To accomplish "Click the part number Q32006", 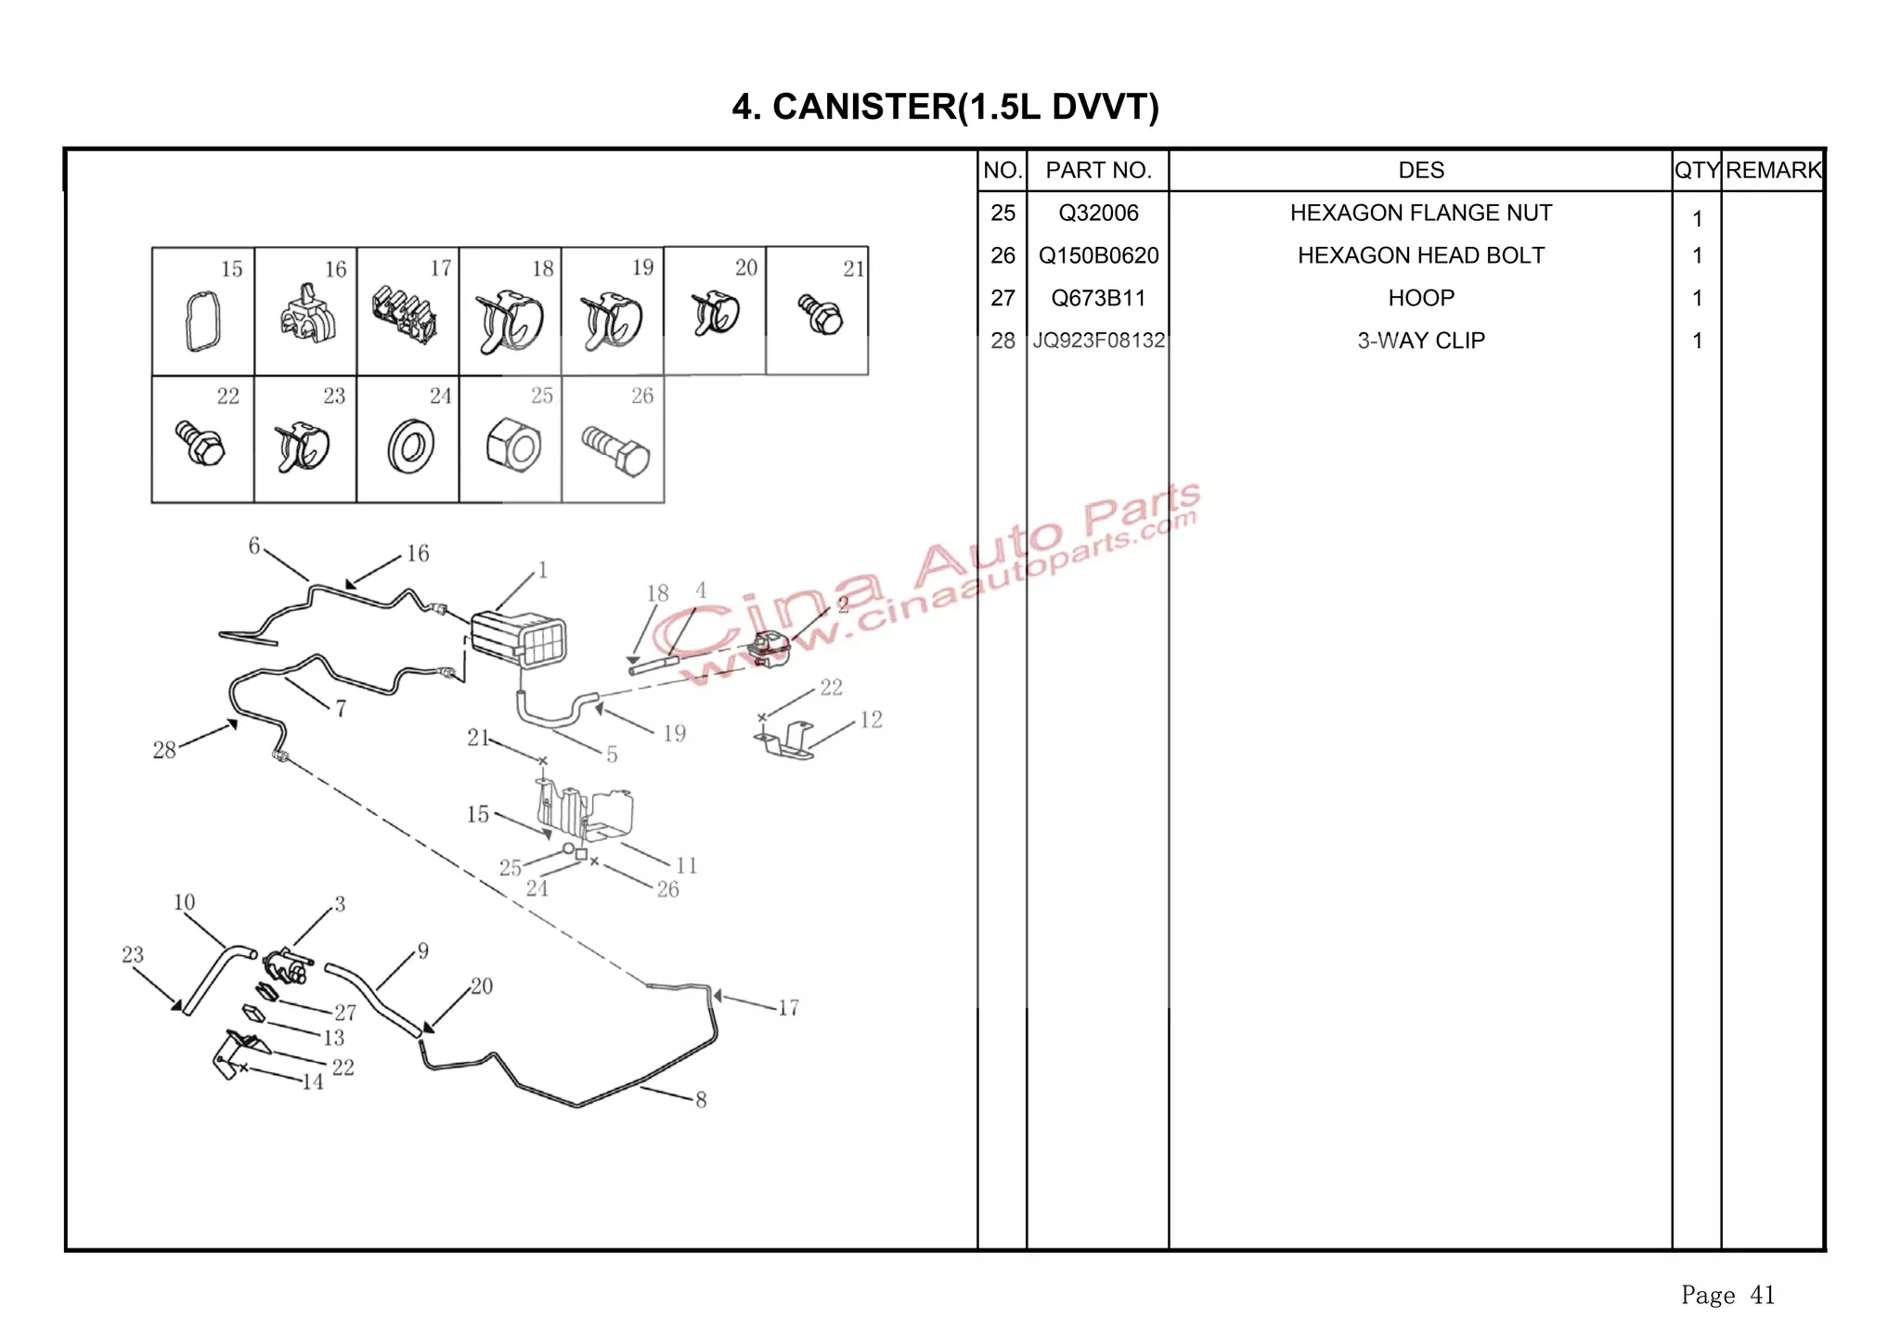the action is (x=1098, y=213).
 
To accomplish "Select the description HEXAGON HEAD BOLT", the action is (x=1420, y=256).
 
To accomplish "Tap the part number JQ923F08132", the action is (x=1098, y=341).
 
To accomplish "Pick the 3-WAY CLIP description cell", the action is (x=1420, y=341).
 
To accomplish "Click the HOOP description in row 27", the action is (x=1420, y=298).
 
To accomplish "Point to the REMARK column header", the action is (x=1773, y=171).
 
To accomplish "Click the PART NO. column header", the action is (x=1098, y=171).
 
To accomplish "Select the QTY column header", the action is (x=1696, y=171).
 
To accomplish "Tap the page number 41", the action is (x=1762, y=1295).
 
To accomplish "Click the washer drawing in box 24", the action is (x=410, y=446).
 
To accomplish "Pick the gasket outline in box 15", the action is (x=203, y=321).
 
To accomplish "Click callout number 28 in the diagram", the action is (x=164, y=750).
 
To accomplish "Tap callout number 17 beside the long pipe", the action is (x=788, y=1008).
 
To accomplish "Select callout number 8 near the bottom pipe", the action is (x=701, y=1100).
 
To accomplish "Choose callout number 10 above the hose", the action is (x=184, y=902).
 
